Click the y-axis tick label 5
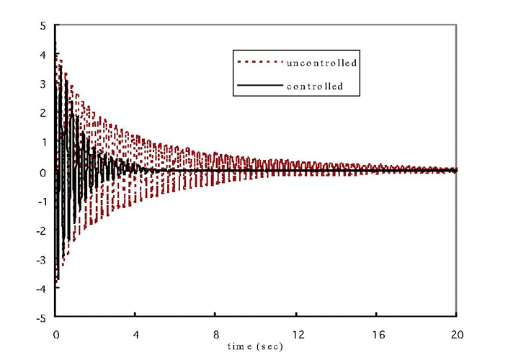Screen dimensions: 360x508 [44, 26]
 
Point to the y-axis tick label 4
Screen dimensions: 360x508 [44, 55]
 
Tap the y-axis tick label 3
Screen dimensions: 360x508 [44, 84]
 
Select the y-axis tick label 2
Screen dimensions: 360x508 [44, 113]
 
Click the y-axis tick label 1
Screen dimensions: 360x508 [44, 143]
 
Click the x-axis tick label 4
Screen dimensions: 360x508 [135, 335]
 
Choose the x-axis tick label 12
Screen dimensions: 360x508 [296, 335]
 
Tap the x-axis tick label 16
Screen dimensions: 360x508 [376, 335]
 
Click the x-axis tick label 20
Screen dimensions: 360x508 [455, 335]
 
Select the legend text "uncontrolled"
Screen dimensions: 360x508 [322, 63]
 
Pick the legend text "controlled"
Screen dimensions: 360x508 [313, 87]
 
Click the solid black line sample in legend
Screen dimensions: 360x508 [257, 86]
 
